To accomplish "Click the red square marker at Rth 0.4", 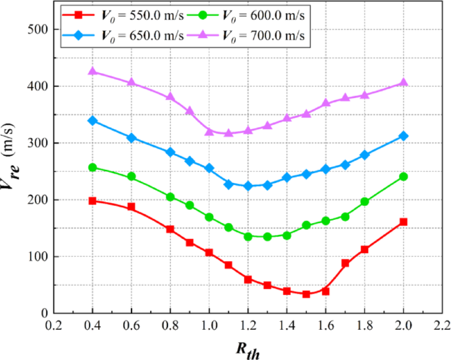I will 92,201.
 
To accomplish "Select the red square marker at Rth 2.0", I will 404,222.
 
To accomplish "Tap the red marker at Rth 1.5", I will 306,294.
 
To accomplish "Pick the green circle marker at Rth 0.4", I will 92,167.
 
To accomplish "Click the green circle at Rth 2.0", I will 404,176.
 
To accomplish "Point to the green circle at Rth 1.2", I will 248,236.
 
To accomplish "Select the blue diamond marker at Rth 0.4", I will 92,120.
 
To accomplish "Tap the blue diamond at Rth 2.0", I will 404,136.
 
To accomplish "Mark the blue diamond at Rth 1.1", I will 228,184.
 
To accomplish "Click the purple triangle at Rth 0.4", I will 92,71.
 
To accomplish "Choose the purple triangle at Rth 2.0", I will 404,82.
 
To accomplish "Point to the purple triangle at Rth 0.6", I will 131,82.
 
